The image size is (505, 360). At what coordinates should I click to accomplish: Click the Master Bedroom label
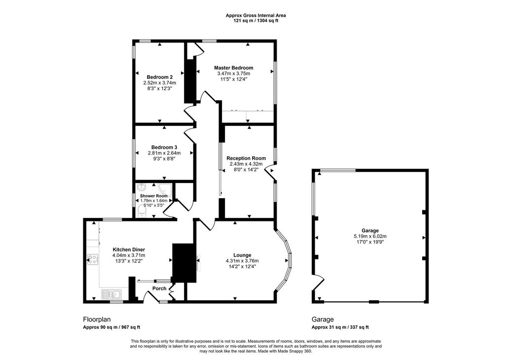coord(233,68)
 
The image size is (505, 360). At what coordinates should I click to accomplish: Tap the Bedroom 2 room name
coord(159,77)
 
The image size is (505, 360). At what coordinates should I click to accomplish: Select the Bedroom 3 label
coord(164,147)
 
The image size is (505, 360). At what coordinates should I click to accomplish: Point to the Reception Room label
coord(246,158)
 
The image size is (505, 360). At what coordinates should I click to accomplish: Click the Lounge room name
coord(242,255)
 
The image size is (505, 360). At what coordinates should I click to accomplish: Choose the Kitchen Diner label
coord(129,250)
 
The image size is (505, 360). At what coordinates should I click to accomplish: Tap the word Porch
coord(159,288)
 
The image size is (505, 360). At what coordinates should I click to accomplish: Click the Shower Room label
coord(154,196)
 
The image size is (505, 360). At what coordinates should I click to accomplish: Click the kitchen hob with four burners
coord(92,259)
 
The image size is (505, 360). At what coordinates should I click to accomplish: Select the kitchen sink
coord(110,293)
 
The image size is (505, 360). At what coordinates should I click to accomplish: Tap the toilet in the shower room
coord(141,211)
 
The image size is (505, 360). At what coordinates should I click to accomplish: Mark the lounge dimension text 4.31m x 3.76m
coord(242,261)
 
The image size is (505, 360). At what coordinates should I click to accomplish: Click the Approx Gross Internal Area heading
coord(256,15)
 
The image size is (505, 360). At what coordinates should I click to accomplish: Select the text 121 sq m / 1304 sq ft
coord(256,21)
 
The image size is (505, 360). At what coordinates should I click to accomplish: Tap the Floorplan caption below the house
coord(97,320)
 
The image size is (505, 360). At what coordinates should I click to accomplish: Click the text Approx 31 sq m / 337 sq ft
coord(340,327)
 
